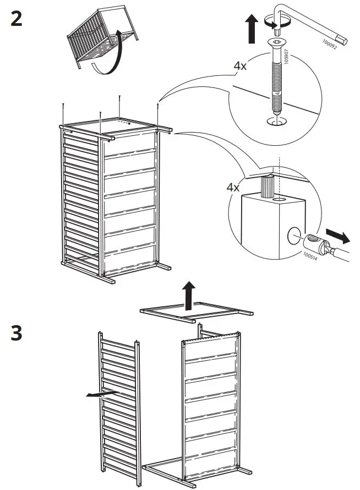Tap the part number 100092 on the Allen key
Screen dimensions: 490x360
tap(331, 39)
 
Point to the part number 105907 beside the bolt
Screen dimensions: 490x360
tap(286, 55)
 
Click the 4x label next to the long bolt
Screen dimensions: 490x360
tap(240, 66)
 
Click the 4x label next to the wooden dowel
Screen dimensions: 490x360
tap(233, 187)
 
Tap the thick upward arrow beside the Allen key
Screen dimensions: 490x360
tap(252, 29)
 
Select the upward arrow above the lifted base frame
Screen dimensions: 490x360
tap(188, 295)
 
